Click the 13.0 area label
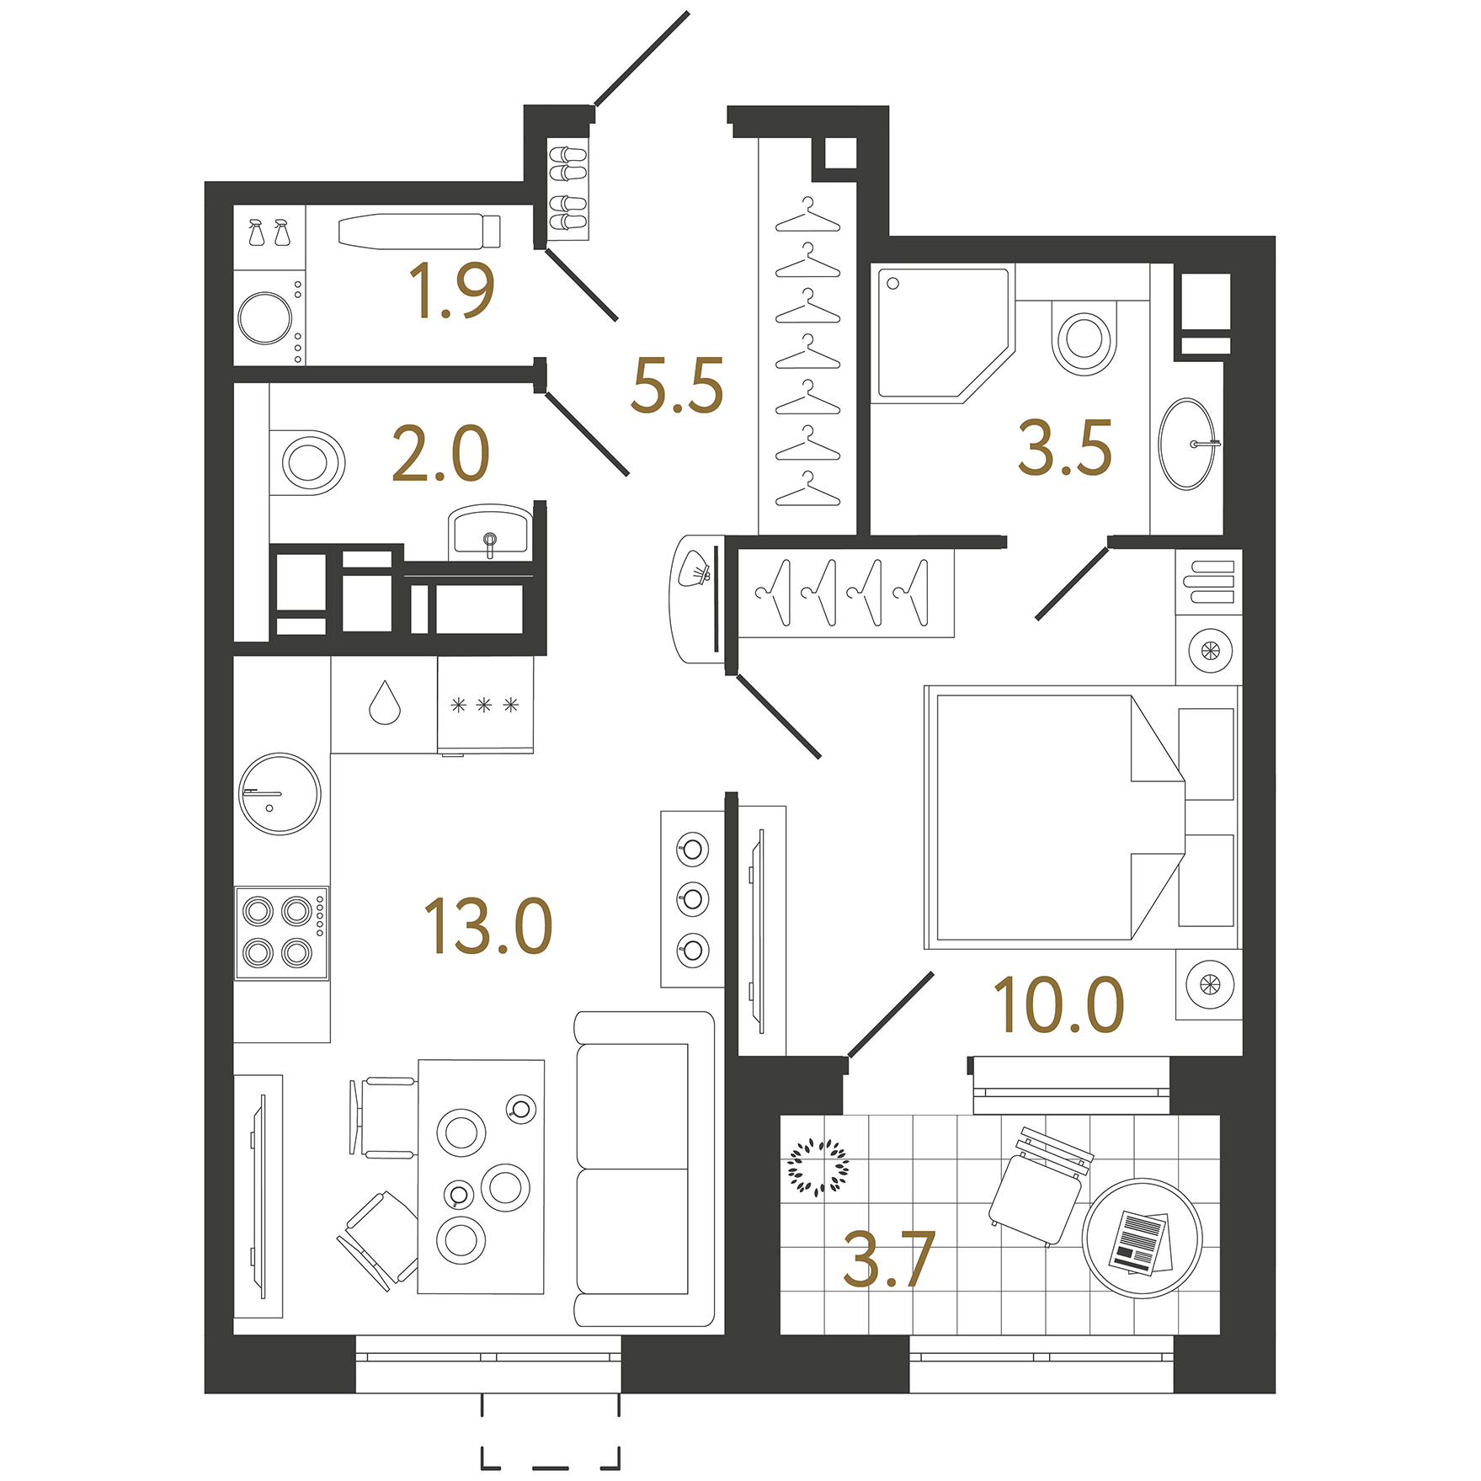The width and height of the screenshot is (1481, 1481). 487,926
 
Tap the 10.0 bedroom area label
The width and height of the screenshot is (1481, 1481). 1058,1004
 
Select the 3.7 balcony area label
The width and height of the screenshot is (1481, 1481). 889,1260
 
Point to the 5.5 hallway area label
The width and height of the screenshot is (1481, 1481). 677,386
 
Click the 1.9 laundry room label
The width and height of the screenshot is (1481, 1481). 451,290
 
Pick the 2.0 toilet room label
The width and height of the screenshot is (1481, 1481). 440,454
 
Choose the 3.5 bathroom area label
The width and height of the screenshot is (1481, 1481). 1065,448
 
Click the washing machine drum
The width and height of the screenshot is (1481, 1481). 265,318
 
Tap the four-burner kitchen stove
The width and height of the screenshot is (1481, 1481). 281,933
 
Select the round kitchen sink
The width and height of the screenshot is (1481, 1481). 280,794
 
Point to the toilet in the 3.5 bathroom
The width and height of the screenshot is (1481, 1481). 1084,338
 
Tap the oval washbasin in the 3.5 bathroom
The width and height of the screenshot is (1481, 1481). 1186,444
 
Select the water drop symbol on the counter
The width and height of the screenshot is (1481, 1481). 385,703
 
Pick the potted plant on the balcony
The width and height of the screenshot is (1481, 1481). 818,1167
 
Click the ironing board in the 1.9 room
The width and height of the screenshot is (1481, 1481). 419,231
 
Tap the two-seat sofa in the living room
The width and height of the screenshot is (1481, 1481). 644,1169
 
